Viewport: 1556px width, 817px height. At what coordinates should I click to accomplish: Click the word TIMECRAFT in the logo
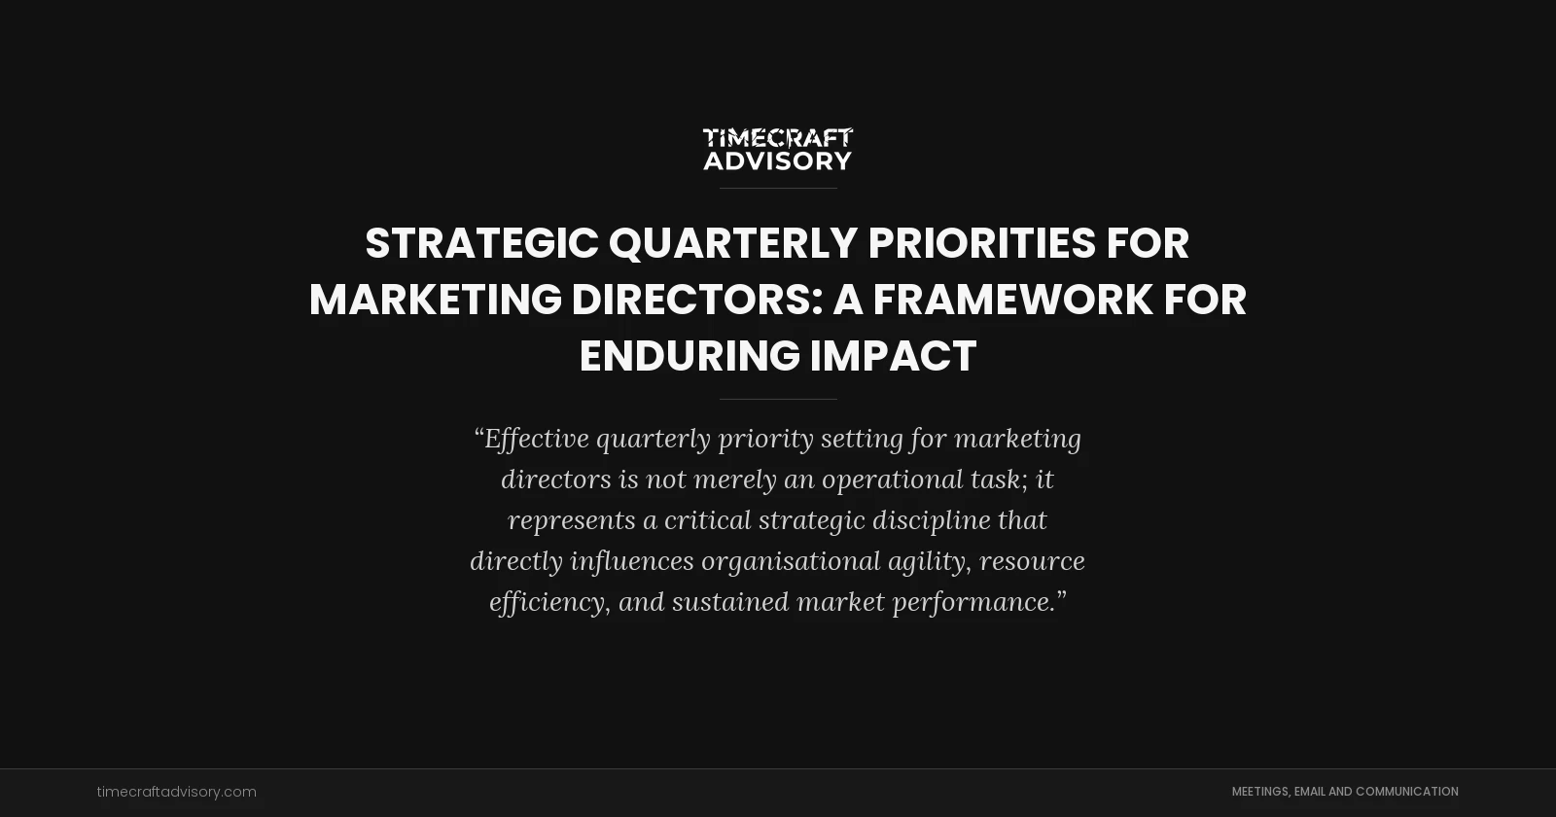[x=778, y=138]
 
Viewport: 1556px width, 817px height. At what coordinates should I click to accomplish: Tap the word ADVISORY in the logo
[x=778, y=160]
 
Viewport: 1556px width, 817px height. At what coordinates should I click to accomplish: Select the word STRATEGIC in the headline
[x=481, y=243]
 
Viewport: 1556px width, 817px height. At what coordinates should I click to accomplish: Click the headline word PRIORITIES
[x=981, y=243]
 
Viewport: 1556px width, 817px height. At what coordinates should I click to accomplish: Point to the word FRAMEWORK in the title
[x=1012, y=300]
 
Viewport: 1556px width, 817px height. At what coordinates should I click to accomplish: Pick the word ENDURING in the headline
[x=690, y=356]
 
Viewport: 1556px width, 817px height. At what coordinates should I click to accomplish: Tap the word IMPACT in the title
[x=893, y=356]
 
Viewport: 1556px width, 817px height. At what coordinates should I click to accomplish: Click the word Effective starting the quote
[x=537, y=439]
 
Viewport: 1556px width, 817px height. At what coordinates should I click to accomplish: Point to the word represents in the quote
[x=572, y=520]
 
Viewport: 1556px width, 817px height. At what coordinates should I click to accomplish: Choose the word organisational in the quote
[x=791, y=561]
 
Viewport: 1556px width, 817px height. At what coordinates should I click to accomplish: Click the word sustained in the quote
[x=730, y=602]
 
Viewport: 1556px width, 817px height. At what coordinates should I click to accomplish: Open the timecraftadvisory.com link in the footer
[x=176, y=792]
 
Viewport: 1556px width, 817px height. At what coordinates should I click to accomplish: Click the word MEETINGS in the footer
[x=1260, y=792]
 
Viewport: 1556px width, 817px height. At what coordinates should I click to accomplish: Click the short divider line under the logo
[x=778, y=188]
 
